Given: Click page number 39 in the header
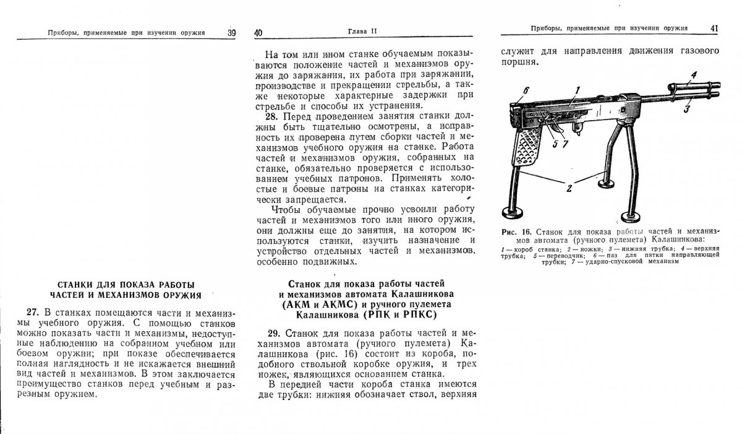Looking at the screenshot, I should (231, 33).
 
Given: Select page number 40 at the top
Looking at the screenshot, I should (258, 33).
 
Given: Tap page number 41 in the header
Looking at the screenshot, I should (714, 28).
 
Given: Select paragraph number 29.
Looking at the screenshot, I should (274, 332).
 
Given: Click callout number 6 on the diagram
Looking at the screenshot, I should (526, 91).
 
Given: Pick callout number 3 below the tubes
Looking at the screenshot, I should (686, 110).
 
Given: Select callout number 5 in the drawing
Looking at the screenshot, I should (555, 144).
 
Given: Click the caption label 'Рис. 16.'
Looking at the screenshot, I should (517, 232).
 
